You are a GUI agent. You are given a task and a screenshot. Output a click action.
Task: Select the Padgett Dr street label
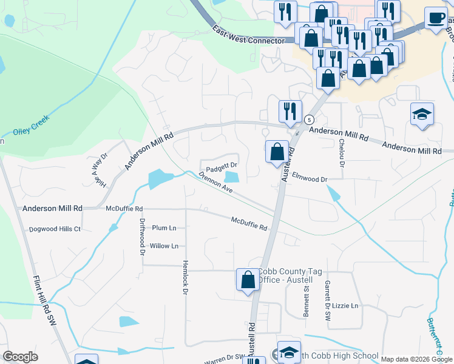tap(221, 165)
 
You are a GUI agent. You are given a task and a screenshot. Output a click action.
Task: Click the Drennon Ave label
tap(215, 182)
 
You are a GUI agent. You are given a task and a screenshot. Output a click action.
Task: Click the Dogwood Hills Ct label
tap(55, 229)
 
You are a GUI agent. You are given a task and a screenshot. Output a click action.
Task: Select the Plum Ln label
tap(164, 228)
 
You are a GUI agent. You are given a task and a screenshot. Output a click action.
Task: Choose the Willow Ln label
tap(164, 246)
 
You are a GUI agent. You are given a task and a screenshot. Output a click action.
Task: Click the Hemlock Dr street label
tap(185, 277)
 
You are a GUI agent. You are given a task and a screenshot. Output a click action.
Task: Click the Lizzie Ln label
tap(345, 306)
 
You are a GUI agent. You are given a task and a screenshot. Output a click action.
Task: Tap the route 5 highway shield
tap(309, 119)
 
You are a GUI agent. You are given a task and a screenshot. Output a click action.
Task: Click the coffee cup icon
tap(435, 18)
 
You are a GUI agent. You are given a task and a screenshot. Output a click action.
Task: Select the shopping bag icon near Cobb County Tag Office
tap(248, 280)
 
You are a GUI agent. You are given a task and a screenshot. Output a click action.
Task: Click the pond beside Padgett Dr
tap(231, 177)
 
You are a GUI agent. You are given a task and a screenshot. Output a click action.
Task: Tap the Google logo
tap(20, 357)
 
